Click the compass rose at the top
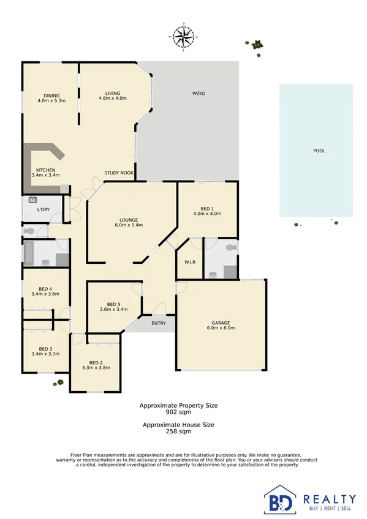[183, 37]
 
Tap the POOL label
[319, 151]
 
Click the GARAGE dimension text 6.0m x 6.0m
[221, 328]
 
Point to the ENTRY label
[158, 323]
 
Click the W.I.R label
[189, 262]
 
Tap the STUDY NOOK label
[119, 173]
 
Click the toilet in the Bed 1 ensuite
[230, 248]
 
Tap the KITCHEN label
[46, 170]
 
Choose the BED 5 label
[114, 304]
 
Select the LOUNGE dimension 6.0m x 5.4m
[129, 225]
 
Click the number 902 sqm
[178, 413]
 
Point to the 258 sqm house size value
[178, 431]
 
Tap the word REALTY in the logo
[330, 499]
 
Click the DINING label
[51, 95]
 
